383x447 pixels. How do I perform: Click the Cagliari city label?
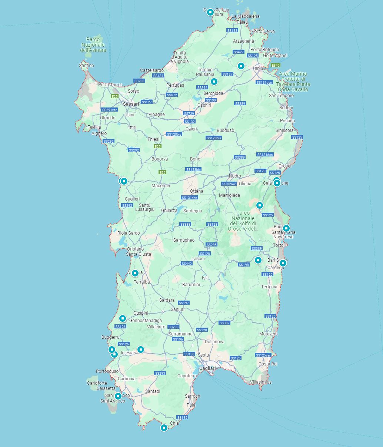click(x=207, y=368)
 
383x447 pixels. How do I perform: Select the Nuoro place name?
click(x=235, y=176)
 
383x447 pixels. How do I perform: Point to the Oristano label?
click(x=135, y=249)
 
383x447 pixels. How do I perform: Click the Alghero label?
click(x=99, y=133)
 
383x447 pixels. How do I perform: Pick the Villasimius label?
click(x=261, y=382)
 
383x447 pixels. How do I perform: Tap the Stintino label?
click(x=87, y=66)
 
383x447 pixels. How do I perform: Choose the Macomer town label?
click(x=161, y=186)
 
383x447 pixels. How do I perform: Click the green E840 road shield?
click(x=276, y=65)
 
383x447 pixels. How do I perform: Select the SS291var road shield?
click(x=109, y=110)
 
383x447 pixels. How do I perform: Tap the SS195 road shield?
click(x=182, y=417)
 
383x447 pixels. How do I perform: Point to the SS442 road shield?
click(x=187, y=264)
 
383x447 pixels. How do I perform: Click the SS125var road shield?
click(x=263, y=355)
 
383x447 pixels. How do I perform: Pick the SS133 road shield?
click(x=232, y=30)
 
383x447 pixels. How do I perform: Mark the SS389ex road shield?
click(x=229, y=184)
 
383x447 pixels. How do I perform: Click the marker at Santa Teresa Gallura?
click(x=210, y=12)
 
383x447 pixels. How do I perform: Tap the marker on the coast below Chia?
click(x=164, y=428)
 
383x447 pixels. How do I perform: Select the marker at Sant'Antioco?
click(x=118, y=396)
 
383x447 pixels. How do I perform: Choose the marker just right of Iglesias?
click(x=140, y=349)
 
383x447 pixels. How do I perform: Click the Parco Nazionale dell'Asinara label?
click(x=93, y=45)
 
